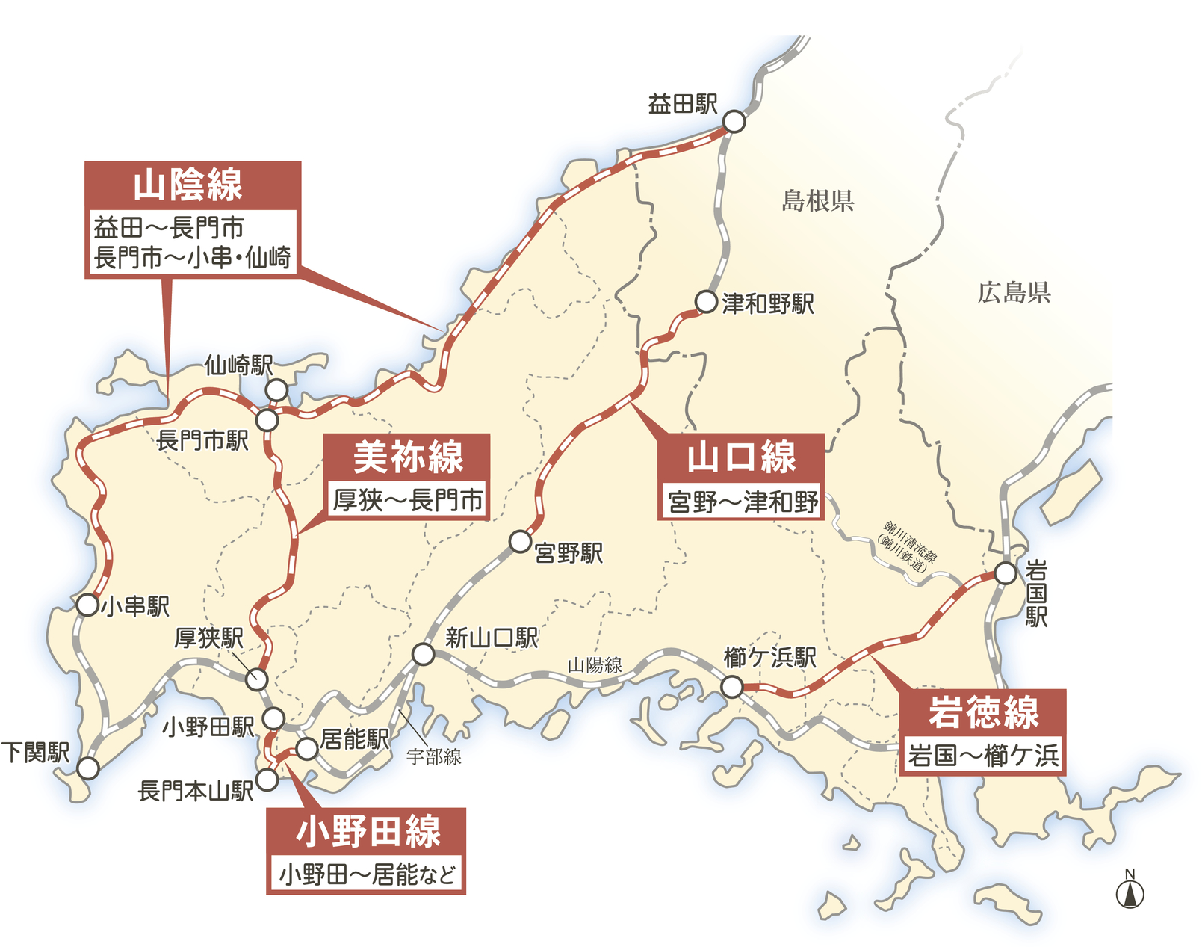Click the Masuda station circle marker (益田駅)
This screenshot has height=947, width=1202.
click(734, 122)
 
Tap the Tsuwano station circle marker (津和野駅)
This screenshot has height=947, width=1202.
click(706, 302)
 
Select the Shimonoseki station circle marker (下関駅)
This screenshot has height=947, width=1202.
click(88, 768)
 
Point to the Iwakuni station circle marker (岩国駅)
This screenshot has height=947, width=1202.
click(1006, 573)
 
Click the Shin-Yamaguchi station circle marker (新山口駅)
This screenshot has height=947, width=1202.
click(424, 655)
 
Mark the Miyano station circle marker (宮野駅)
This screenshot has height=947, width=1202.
click(520, 541)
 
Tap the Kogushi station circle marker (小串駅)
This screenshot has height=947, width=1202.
click(87, 605)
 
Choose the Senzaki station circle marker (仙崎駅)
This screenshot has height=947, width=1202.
click(276, 389)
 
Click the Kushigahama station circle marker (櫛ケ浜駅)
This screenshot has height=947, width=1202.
click(732, 686)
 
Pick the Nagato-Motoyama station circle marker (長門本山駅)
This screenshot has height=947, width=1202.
click(267, 780)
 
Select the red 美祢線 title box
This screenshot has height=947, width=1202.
click(407, 457)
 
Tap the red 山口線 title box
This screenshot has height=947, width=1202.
click(741, 457)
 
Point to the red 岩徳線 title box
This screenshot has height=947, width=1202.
click(982, 711)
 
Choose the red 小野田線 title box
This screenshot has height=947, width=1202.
click(366, 830)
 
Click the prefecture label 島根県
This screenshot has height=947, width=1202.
click(817, 200)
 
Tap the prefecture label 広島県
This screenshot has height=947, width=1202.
click(1014, 292)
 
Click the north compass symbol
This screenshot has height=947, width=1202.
click(1130, 891)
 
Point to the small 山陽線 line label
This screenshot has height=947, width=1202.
click(595, 665)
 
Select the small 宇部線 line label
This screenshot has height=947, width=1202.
click(433, 757)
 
